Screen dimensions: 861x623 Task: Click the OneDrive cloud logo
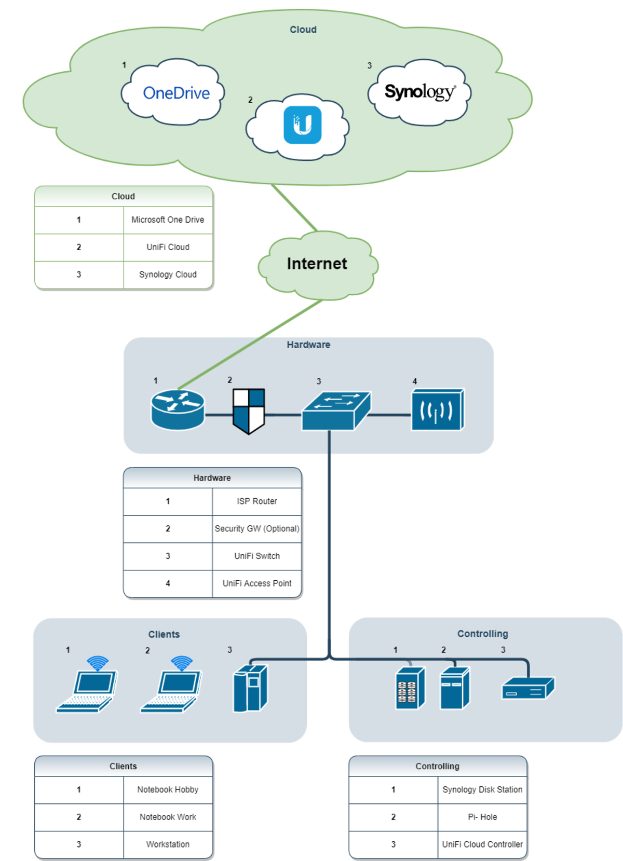pos(176,93)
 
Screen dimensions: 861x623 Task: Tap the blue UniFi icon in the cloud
pos(302,125)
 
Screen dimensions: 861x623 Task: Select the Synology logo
pos(419,92)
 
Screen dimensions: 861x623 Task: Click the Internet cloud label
pos(317,264)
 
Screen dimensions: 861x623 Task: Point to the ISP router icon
pos(178,410)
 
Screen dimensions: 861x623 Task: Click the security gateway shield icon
pos(249,411)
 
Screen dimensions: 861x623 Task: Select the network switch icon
pos(336,411)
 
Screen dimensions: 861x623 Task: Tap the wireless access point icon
pos(437,410)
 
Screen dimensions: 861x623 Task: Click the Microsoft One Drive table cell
pos(168,220)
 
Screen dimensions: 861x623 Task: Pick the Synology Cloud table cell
pos(168,275)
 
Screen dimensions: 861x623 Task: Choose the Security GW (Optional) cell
pos(257,529)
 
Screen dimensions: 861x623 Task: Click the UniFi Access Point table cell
pos(257,583)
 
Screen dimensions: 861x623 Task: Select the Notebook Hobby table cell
pos(168,790)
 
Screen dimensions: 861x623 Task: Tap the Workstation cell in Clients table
pos(168,844)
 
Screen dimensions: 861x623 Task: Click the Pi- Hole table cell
pos(482,817)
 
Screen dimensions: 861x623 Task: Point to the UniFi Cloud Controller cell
pos(482,844)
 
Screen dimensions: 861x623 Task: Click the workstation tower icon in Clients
pos(250,688)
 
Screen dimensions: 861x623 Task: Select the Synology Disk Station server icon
pos(410,688)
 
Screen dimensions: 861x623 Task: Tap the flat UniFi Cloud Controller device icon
pos(527,689)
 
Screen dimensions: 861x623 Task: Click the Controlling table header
pos(437,767)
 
